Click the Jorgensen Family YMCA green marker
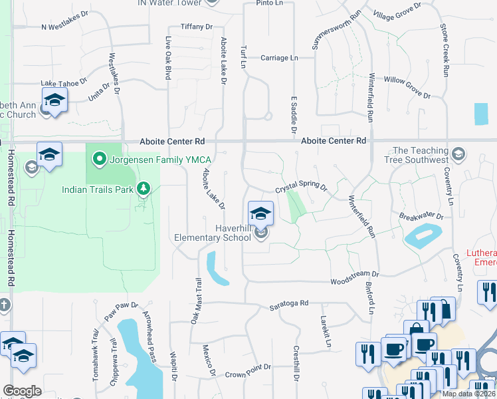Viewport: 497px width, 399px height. click(x=100, y=159)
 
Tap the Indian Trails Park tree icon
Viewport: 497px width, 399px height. click(x=143, y=190)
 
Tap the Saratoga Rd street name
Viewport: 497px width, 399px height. click(x=289, y=303)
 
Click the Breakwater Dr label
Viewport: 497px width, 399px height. click(x=421, y=216)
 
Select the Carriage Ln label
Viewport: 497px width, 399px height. click(x=279, y=58)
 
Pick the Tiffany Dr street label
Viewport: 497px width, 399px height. click(x=196, y=27)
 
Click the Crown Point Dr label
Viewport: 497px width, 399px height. click(x=248, y=367)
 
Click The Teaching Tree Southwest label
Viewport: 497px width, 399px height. click(x=421, y=156)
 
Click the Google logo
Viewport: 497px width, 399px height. click(x=23, y=391)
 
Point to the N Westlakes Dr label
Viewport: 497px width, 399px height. click(x=64, y=21)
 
